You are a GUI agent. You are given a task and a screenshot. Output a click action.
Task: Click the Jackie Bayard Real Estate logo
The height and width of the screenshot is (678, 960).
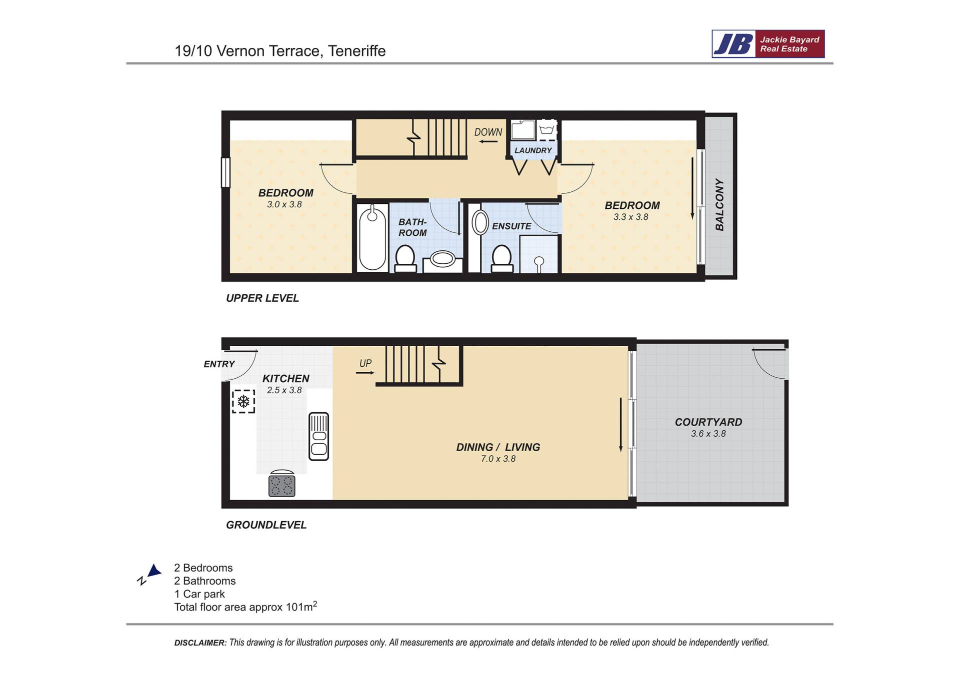768,44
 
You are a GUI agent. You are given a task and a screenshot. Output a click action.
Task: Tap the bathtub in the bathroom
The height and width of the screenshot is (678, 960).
372,238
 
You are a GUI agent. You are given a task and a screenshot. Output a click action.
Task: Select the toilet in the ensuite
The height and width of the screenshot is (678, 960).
501,258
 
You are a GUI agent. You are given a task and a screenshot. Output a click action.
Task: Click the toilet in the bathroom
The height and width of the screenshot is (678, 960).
405,258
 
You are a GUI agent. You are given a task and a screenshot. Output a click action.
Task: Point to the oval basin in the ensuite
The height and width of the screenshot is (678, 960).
480,223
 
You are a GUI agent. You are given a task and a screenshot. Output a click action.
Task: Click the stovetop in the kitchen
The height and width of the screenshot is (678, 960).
282,484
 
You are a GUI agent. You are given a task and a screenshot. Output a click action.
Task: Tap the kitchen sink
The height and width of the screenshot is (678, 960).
318,436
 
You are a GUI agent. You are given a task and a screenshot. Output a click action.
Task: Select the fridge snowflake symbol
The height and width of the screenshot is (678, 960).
243,401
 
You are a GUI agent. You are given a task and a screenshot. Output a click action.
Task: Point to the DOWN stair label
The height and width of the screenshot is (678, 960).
488,132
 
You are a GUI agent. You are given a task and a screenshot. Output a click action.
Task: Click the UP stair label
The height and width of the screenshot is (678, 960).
365,363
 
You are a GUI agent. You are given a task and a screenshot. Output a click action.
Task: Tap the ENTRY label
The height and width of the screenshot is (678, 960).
219,364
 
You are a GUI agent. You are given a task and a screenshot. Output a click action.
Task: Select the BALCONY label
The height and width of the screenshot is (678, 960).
719,204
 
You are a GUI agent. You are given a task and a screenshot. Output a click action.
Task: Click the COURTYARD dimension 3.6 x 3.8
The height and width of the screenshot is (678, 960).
708,434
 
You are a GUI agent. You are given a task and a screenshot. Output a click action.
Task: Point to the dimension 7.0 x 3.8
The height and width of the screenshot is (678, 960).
498,459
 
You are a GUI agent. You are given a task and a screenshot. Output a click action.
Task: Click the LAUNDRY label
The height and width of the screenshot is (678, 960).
533,150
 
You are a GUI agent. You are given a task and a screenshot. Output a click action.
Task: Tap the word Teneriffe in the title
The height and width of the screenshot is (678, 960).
356,51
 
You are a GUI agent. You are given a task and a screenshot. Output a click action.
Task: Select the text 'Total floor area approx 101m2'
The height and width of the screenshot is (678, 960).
245,607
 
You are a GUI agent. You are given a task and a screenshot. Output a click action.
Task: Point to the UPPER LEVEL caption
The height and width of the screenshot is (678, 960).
262,298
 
